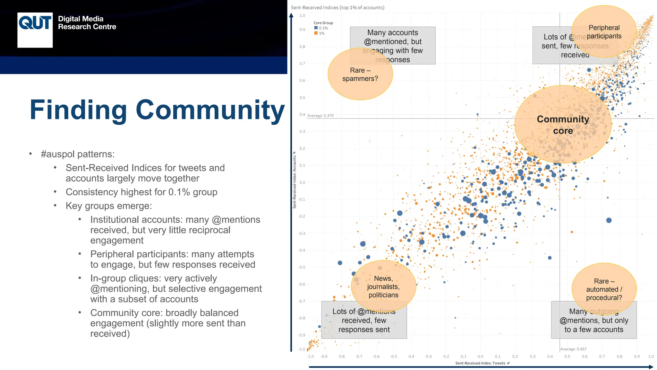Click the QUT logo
click(35, 30)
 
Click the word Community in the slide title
click(210, 110)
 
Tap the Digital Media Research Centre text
click(87, 23)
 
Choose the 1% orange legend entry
click(320, 33)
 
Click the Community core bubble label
click(563, 125)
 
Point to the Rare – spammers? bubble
click(360, 75)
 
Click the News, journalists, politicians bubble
click(383, 286)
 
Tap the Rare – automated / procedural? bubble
click(604, 289)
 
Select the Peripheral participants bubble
click(604, 32)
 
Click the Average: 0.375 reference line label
click(320, 116)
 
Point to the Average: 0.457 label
click(573, 349)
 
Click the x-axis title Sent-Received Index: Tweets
click(480, 363)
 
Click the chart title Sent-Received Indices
click(337, 7)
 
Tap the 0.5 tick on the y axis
click(302, 98)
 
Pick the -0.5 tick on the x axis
click(393, 357)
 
